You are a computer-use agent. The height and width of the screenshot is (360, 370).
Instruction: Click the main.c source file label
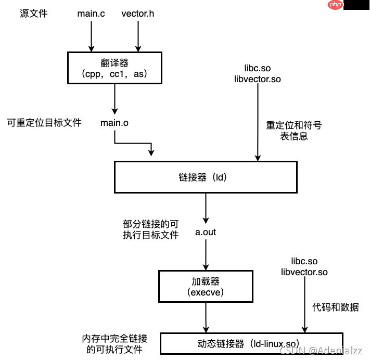click(x=91, y=14)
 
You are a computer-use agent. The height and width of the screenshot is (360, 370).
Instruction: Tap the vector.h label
click(x=138, y=14)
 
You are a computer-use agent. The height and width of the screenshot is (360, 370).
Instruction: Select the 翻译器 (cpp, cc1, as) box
click(x=114, y=68)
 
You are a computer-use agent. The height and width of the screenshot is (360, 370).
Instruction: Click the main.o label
click(x=114, y=123)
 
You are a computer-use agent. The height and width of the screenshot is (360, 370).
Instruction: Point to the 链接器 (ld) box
click(x=206, y=177)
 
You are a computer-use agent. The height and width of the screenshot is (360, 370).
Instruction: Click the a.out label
click(x=206, y=232)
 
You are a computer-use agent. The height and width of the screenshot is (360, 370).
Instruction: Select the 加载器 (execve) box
click(x=207, y=286)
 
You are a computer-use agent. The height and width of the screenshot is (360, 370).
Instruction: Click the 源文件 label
click(x=34, y=14)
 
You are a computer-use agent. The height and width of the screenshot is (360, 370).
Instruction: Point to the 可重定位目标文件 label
click(x=44, y=123)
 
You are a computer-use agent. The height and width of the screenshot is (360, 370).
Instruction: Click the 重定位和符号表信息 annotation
click(x=294, y=131)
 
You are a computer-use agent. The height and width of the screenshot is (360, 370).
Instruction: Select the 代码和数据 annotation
click(x=336, y=307)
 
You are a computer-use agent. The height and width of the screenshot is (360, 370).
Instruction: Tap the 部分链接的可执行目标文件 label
click(x=151, y=229)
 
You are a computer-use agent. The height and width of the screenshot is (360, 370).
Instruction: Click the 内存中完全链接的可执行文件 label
click(x=114, y=344)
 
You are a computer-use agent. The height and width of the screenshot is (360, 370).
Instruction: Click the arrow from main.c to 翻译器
click(x=92, y=36)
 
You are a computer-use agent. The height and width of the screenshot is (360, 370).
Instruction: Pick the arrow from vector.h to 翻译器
click(x=138, y=36)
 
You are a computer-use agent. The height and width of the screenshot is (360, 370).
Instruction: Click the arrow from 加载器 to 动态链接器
click(x=207, y=317)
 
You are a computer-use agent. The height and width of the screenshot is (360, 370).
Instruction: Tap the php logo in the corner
click(x=336, y=5)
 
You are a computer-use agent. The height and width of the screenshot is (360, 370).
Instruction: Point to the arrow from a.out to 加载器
click(x=206, y=255)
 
